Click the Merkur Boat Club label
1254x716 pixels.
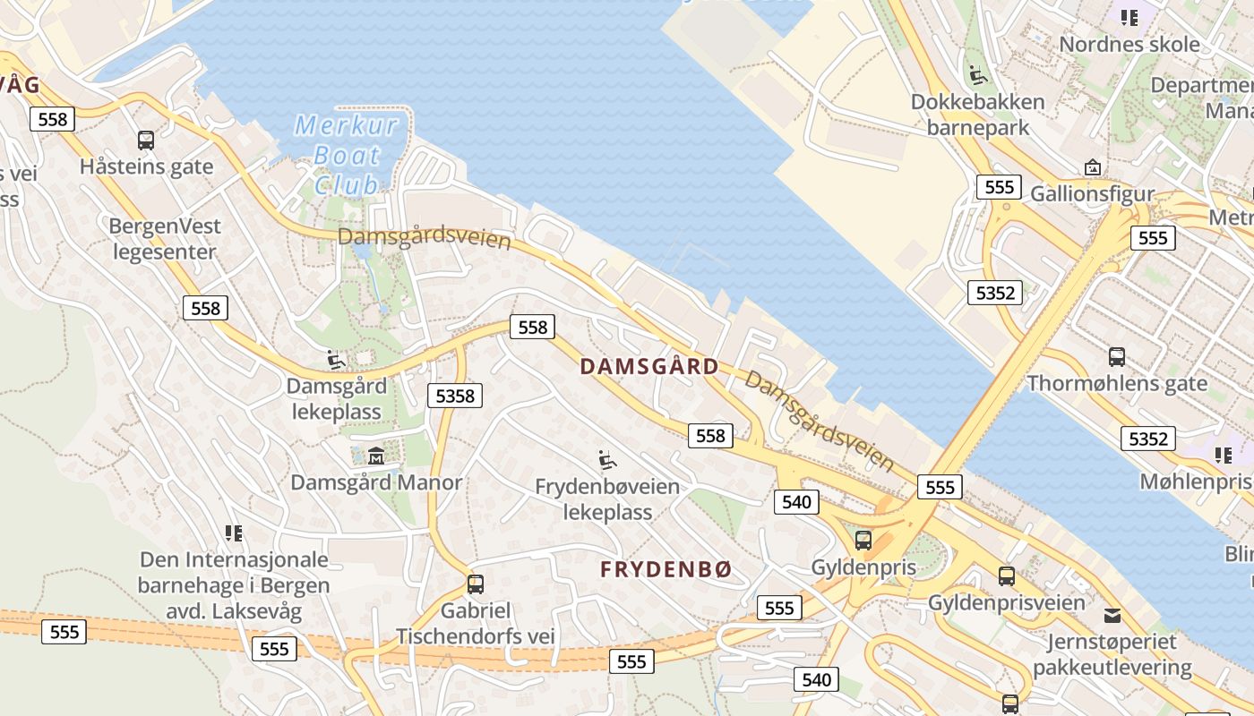[x=347, y=155]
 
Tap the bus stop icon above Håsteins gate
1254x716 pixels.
[x=146, y=141]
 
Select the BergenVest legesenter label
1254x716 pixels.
[x=164, y=239]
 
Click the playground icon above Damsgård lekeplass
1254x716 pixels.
[x=336, y=360]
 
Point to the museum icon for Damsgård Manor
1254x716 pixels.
[x=376, y=456]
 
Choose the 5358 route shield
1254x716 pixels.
[x=455, y=395]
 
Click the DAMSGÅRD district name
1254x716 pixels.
[x=649, y=366]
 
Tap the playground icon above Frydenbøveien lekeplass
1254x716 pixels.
[x=607, y=461]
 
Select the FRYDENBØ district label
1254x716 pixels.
[x=666, y=569]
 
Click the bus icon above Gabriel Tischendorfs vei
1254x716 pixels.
[x=476, y=584]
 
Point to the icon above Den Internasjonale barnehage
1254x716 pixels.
[x=234, y=533]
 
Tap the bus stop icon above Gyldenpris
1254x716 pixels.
[x=863, y=541]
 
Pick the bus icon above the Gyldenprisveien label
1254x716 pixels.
[x=1007, y=576]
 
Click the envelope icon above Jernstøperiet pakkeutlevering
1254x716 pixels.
[x=1112, y=616]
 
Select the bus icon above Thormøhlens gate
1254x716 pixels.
[x=1117, y=357]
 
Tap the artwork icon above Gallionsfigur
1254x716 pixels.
[x=1093, y=167]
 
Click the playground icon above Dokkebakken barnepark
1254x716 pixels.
[x=978, y=75]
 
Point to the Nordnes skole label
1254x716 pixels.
[x=1129, y=44]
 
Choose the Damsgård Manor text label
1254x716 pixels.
[x=376, y=482]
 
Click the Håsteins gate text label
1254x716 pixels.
[x=146, y=166]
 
